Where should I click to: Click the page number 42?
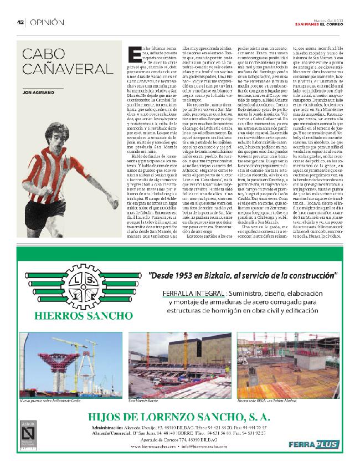pos(19,22)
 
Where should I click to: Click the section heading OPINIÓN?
pos(47,22)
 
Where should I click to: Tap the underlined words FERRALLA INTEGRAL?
pos(187,294)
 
